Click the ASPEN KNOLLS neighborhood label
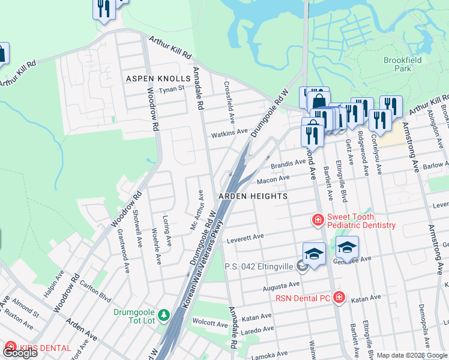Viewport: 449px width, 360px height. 157,79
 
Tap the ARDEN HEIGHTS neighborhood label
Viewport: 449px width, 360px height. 252,196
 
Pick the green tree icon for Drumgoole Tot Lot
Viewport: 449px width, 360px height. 163,314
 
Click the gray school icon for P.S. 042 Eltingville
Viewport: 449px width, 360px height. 301,267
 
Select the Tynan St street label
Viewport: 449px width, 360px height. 171,90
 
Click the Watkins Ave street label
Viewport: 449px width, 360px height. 229,132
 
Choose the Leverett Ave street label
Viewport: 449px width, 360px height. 245,238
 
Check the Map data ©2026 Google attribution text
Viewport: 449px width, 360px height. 412,355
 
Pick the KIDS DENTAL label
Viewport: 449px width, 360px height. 45,348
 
